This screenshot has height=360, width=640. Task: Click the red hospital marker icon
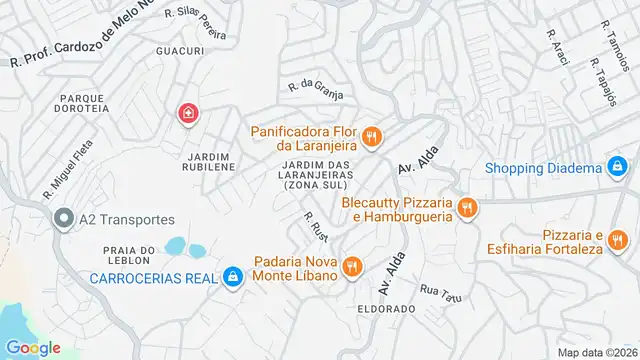(x=187, y=115)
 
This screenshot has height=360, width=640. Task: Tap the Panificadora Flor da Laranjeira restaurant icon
(x=371, y=137)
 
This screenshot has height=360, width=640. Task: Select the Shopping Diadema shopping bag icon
(x=618, y=167)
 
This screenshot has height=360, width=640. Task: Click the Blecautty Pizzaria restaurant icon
(x=466, y=208)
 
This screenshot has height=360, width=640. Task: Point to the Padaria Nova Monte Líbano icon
(x=351, y=267)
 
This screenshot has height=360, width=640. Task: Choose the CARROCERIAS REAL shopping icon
(x=233, y=276)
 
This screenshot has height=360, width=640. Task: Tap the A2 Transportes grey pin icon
(x=64, y=218)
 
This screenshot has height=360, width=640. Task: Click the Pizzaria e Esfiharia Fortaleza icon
(x=619, y=240)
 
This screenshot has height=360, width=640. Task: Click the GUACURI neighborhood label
(x=180, y=50)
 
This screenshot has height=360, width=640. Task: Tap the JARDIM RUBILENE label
(x=208, y=163)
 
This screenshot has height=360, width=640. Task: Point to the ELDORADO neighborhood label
(x=386, y=309)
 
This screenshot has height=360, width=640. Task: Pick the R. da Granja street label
(x=315, y=90)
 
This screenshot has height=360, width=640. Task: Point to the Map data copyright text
(x=597, y=352)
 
